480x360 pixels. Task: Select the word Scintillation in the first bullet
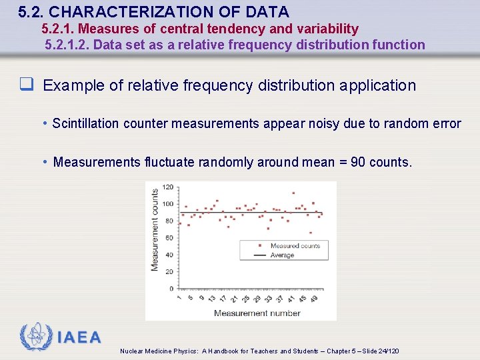(85, 124)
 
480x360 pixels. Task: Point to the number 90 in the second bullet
(357, 163)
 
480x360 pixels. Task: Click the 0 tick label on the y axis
(171, 289)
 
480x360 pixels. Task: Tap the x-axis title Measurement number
(257, 313)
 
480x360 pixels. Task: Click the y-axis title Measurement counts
(155, 230)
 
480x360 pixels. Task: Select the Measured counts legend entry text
(295, 246)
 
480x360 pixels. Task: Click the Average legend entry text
(283, 255)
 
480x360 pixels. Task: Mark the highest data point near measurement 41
(293, 193)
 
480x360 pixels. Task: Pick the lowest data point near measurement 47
(311, 233)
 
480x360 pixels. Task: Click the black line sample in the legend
(259, 255)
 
